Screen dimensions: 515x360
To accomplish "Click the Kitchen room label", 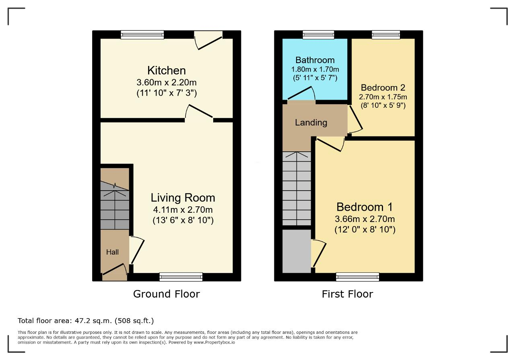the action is tap(167, 70).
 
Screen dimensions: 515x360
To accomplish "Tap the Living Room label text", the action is tap(183, 198).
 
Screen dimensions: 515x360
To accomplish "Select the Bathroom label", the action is tap(315, 60).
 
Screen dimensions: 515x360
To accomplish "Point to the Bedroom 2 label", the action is tap(383, 88).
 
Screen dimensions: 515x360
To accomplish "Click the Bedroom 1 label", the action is tap(365, 207).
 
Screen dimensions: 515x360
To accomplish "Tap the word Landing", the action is tap(311, 123).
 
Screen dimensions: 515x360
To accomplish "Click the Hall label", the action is tap(112, 252).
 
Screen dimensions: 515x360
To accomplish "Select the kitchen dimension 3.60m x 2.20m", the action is tap(167, 82).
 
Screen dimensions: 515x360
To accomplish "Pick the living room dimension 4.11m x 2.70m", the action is tap(183, 210).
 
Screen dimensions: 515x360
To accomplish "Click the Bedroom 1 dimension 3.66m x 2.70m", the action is tap(365, 219).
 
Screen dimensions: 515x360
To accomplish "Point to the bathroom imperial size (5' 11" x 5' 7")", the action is tap(315, 78).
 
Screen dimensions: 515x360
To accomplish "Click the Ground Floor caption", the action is tap(167, 294).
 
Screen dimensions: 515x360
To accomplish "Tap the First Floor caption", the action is tap(347, 294).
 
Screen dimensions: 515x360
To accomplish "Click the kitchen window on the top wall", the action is tap(142, 35).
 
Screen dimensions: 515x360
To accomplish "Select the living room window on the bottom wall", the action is tap(181, 277).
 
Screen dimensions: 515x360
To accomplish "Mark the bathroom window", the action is tap(318, 35).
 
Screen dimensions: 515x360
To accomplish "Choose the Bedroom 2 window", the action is tap(386, 35).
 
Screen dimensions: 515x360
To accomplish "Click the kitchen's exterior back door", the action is tap(208, 40).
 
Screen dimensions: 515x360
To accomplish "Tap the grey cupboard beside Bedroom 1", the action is tap(297, 251).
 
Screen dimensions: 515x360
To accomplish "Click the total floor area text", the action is tap(86, 321).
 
